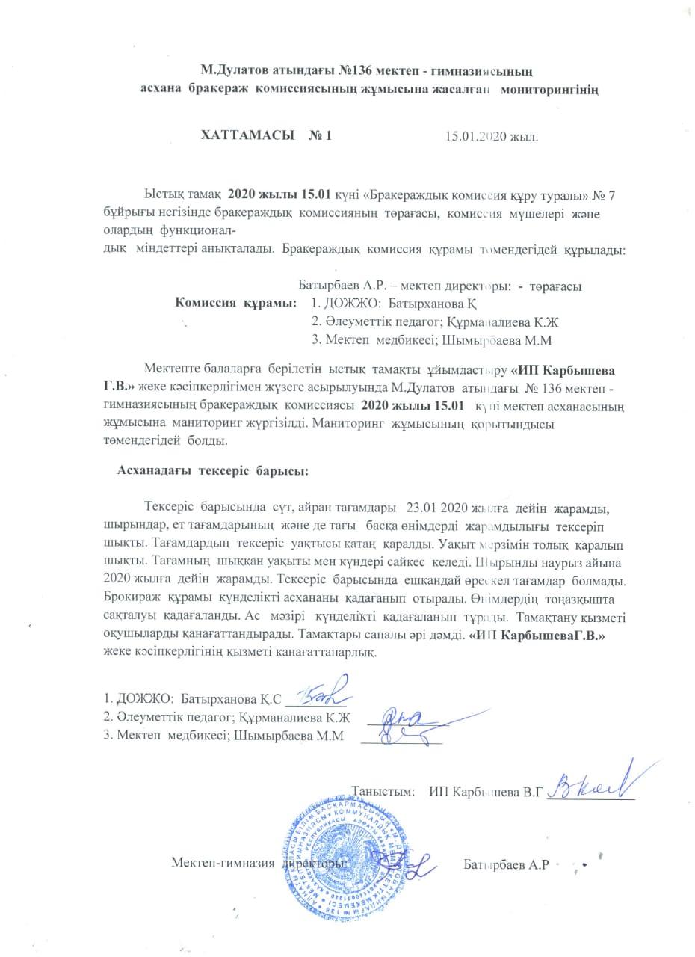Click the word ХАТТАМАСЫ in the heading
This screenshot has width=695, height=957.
(244, 137)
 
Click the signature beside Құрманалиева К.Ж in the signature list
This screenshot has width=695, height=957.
(406, 719)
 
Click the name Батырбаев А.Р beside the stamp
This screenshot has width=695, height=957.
(506, 864)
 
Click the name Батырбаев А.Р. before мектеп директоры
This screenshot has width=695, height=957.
(331, 286)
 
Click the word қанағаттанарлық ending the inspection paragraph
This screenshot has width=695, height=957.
(322, 652)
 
